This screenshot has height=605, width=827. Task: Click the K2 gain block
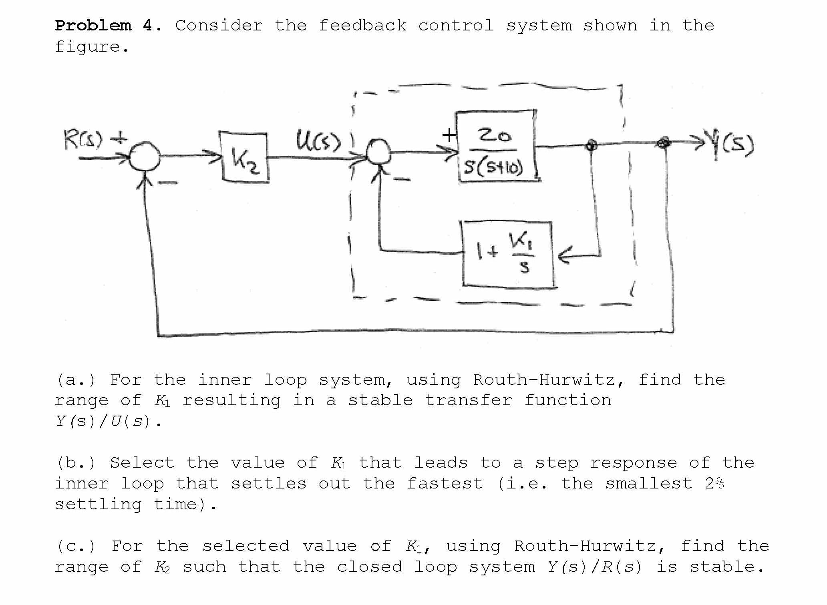pos(244,158)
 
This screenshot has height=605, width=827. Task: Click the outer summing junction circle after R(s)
pos(145,158)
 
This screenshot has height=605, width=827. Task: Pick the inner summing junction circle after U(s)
pos(378,151)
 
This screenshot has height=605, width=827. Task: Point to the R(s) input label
pos(83,140)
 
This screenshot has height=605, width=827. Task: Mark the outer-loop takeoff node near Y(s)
pos(664,142)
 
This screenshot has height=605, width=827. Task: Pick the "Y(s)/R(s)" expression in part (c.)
pos(594,567)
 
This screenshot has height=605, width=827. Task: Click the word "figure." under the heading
pos(92,47)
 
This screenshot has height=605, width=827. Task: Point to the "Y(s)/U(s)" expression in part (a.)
pos(103,421)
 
